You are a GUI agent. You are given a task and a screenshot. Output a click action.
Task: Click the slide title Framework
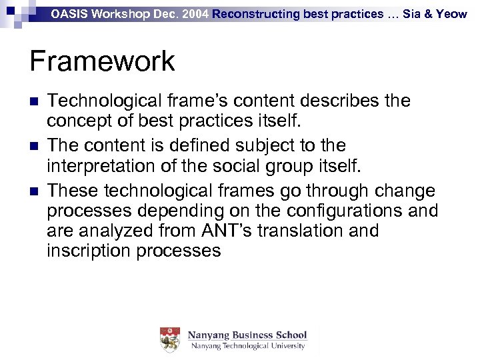[102, 61]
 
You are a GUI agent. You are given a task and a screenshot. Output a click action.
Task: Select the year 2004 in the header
[195, 13]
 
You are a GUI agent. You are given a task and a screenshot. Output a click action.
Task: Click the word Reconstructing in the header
[257, 13]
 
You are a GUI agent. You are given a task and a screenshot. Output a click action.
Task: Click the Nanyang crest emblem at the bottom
[170, 340]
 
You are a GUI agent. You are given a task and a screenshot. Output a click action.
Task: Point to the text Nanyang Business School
[247, 335]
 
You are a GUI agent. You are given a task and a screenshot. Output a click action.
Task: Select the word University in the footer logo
[285, 346]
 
